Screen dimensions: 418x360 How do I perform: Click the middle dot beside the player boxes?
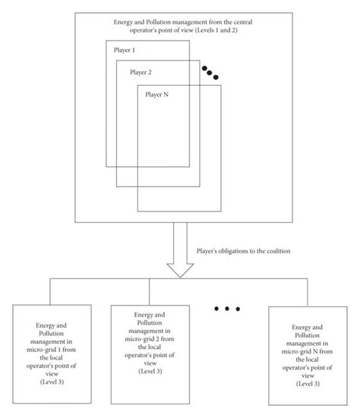(x=210, y=72)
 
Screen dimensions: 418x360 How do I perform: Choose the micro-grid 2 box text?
(x=144, y=341)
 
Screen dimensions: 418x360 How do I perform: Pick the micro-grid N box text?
(x=304, y=347)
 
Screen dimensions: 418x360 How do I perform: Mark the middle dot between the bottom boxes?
(x=226, y=309)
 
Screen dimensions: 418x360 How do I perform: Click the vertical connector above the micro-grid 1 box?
(x=51, y=291)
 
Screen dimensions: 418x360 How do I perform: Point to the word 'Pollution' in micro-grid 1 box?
(x=52, y=332)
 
